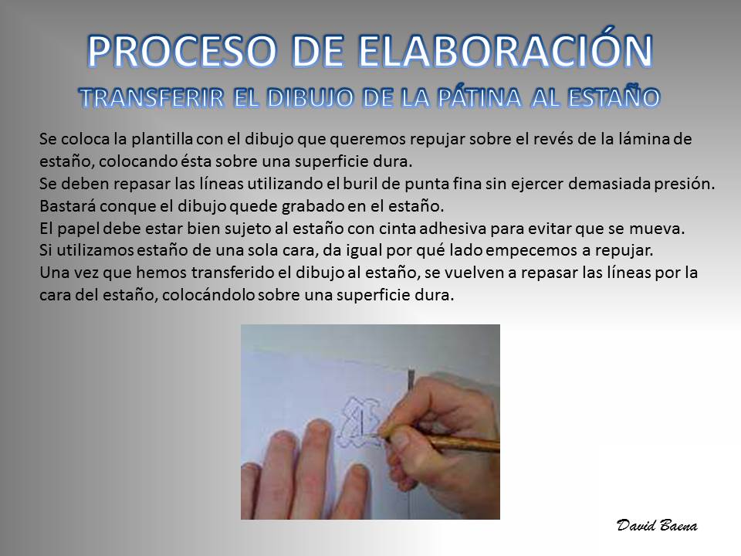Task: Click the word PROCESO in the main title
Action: pyautogui.click(x=181, y=51)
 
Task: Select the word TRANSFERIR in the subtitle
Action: pyautogui.click(x=152, y=98)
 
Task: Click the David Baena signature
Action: pyautogui.click(x=657, y=525)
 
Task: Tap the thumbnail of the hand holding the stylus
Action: pyautogui.click(x=370, y=422)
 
